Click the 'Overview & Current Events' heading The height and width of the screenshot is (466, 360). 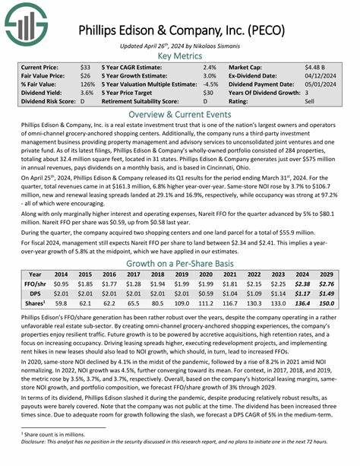(x=180, y=111)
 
